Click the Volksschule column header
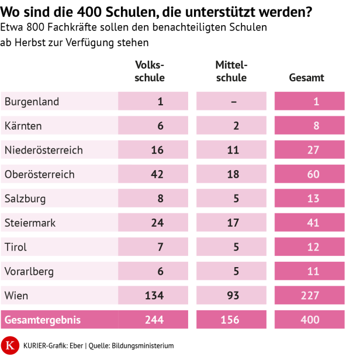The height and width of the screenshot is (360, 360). [x=150, y=72]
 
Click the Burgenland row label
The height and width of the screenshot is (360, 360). [x=32, y=102]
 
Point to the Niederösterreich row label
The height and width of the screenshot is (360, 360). [x=44, y=150]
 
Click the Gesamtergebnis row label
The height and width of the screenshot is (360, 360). [x=42, y=320]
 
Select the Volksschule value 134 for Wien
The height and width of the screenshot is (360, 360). [x=154, y=296]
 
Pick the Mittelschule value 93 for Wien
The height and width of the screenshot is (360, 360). [x=233, y=296]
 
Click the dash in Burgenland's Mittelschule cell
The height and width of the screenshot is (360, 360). [x=233, y=102]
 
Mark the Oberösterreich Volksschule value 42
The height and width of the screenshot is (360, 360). [x=157, y=175]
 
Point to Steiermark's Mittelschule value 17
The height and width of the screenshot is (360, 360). [x=233, y=223]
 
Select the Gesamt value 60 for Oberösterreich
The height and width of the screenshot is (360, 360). [x=313, y=175]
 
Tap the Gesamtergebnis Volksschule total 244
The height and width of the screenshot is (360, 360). [x=154, y=320]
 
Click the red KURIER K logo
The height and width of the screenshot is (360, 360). [x=10, y=345]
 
